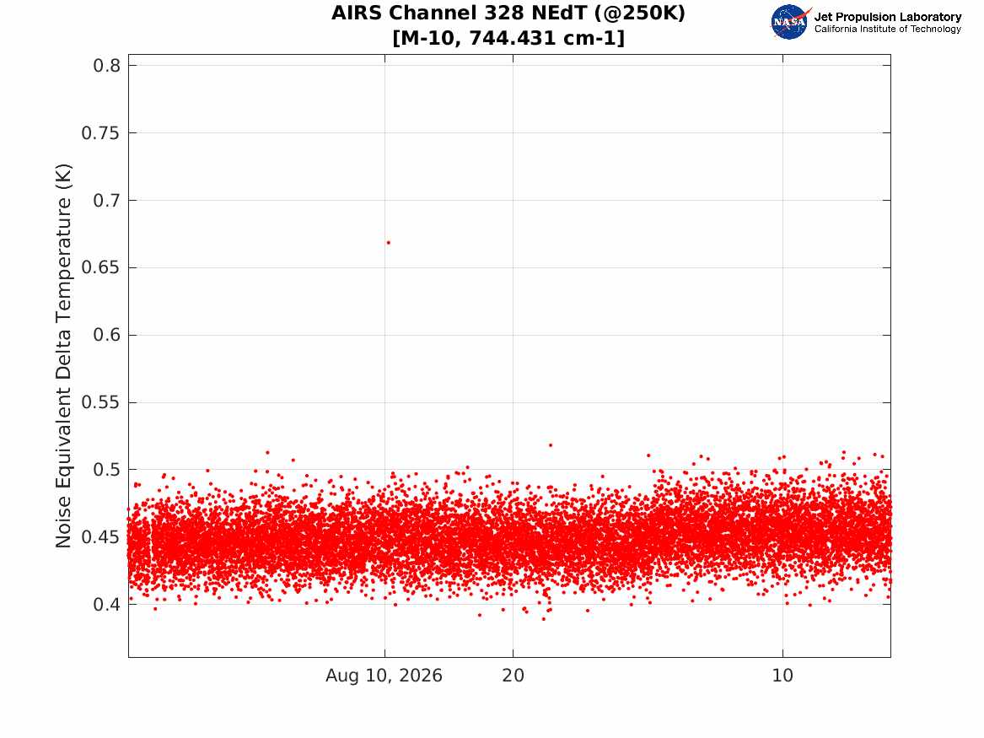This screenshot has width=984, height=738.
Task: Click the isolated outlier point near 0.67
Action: coord(389,242)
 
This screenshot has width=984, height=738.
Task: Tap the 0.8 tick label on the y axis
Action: coord(107,65)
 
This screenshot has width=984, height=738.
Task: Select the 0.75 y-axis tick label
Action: coord(100,133)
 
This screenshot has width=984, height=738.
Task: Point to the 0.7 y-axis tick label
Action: coord(107,200)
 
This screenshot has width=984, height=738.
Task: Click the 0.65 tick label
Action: coord(100,267)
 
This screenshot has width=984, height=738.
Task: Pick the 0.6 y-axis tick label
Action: coord(107,335)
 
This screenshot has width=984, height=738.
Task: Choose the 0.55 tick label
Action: coord(100,402)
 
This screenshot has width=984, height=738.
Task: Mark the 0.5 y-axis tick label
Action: coord(107,470)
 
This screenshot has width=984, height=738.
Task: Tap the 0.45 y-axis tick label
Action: coord(100,537)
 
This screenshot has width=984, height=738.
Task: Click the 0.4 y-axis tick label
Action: coord(107,605)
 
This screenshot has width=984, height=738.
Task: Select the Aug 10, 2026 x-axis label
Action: coord(384,676)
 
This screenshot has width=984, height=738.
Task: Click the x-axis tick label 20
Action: coord(513,676)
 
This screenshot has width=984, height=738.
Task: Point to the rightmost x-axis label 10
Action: coord(782,676)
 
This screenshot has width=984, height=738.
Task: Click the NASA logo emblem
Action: coord(790,22)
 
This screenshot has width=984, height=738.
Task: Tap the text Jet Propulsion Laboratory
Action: coord(887,17)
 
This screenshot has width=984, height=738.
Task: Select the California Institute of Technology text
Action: coord(887,29)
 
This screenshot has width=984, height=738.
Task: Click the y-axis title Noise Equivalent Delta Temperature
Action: coord(63,356)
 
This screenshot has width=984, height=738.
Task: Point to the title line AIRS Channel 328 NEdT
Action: coord(508,13)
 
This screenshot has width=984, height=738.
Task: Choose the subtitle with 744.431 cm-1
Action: coord(508,38)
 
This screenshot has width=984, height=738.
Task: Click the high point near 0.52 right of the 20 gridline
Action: coord(551,445)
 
